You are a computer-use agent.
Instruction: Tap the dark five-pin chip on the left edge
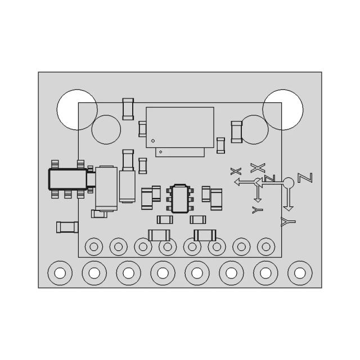(x=67, y=179)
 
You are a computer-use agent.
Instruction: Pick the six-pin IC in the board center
(x=180, y=198)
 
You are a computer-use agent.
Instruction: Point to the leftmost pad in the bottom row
(x=60, y=273)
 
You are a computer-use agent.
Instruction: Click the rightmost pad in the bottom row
(x=300, y=273)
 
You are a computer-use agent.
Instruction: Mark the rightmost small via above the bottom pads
(x=266, y=246)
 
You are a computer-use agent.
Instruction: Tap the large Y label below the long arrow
(x=289, y=222)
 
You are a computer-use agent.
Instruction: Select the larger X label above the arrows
(x=258, y=167)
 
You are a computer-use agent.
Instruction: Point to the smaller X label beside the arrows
(x=236, y=171)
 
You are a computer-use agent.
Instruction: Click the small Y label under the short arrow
(x=258, y=210)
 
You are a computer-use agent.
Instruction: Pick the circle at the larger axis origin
(x=289, y=182)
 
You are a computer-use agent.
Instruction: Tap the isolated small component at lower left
(x=67, y=227)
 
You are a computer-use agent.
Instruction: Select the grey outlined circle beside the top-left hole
(x=106, y=129)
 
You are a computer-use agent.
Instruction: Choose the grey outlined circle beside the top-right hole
(x=255, y=129)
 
